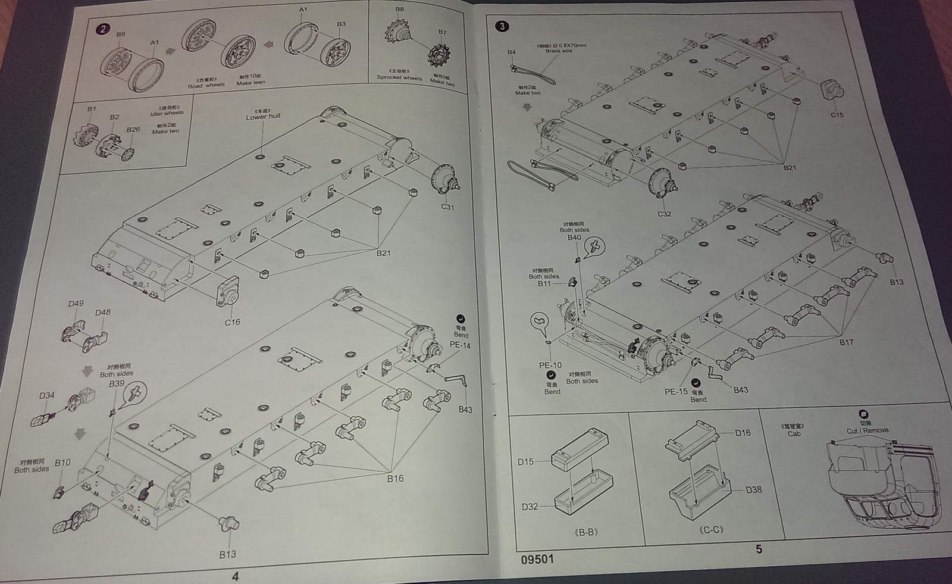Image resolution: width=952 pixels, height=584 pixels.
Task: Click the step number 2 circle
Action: [104, 30]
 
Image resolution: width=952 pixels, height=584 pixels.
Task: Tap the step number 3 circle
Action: [502, 26]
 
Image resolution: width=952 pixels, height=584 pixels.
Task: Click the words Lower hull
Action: [263, 117]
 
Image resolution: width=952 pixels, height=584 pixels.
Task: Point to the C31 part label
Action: [447, 207]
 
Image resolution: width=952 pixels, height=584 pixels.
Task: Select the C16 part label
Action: [232, 322]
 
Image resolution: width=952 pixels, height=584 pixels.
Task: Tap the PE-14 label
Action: [460, 345]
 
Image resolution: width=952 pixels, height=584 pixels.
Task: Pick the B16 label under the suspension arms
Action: [394, 478]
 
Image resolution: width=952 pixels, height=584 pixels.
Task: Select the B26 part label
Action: [133, 130]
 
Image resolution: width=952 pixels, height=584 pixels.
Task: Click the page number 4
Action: [235, 576]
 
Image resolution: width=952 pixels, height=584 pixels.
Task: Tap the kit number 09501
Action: [537, 559]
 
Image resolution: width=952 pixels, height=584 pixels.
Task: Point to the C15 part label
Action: [837, 115]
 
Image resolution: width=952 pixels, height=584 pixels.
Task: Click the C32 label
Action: [664, 214]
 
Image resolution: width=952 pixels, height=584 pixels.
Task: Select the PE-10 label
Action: [550, 365]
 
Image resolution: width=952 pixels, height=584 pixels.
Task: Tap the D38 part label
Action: [753, 490]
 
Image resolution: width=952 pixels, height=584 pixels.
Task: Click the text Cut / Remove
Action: [868, 430]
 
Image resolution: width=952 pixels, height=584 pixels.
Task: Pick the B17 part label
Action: [846, 342]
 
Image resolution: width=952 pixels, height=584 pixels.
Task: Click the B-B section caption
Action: [587, 532]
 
